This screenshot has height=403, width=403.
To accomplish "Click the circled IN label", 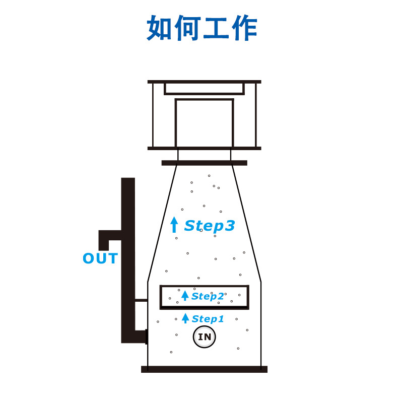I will coord(205,338).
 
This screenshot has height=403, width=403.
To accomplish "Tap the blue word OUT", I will coord(100,259).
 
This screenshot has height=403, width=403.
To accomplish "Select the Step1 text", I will coord(208,319).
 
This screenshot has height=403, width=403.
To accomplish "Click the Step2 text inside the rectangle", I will coord(208,296).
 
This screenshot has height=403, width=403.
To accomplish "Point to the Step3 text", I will coord(210,226).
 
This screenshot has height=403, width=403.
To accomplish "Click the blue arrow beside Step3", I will coord(174,224).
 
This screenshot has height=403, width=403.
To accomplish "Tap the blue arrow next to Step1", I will coord(185,318).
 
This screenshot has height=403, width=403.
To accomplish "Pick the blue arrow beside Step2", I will coord(185,296).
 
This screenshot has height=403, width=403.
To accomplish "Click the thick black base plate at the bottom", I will coord(204,369).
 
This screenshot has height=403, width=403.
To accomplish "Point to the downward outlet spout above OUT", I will coord(104,242).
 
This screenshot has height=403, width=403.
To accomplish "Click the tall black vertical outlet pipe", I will coord(128,252).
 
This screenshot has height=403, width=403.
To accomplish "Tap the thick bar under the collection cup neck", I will coord(204,163).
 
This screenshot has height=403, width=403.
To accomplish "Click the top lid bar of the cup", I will coord(204,82).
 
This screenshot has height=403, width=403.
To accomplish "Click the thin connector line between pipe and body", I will coord(141,300).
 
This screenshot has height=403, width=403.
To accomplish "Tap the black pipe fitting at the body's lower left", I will coord(146,336).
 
